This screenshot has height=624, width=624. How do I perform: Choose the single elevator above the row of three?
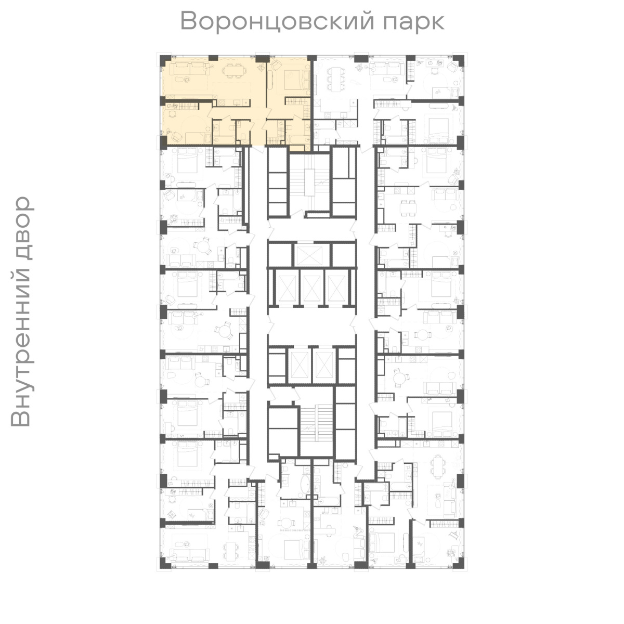309,255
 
